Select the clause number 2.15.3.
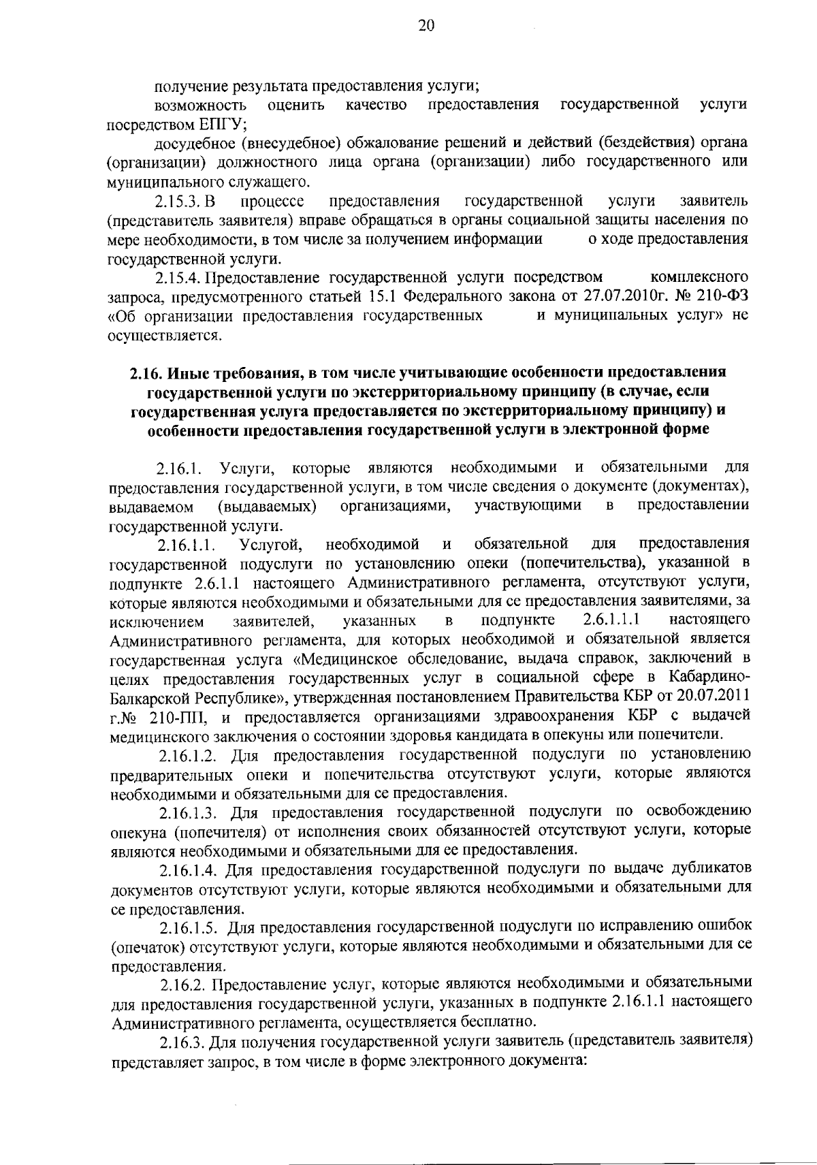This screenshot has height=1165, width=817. point(176,202)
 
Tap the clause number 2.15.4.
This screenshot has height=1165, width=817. point(178,278)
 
